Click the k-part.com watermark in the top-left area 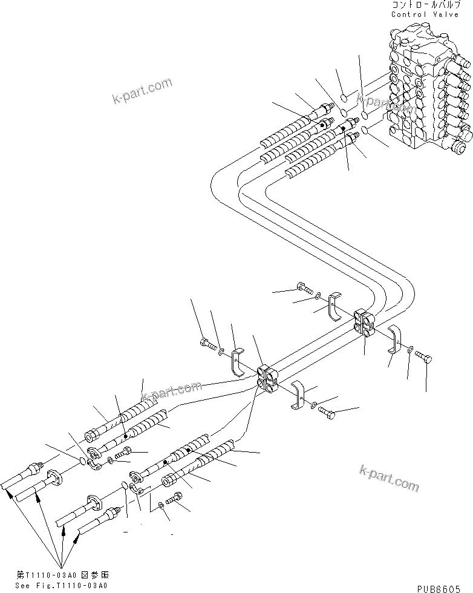[x=142, y=91]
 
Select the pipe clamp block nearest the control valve [x=365, y=321]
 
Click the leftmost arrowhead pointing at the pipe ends [x=8, y=493]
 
